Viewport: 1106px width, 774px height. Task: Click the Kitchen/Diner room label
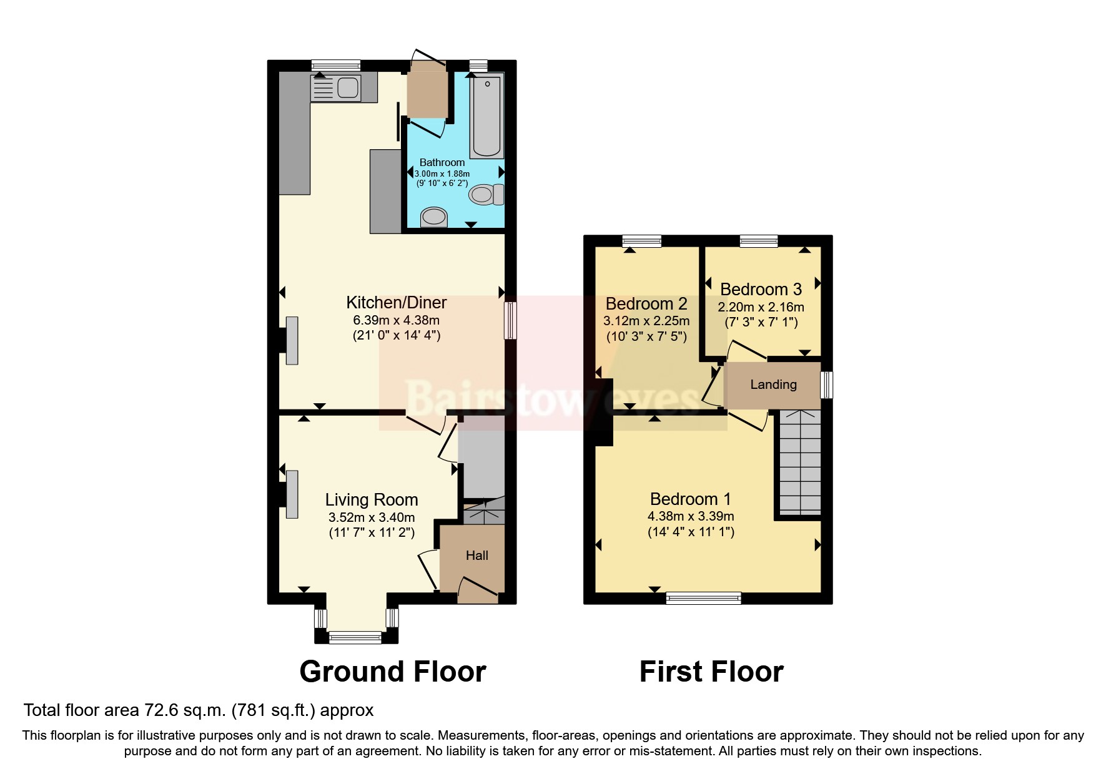[x=397, y=303]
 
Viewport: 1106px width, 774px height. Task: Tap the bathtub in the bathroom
[x=486, y=116]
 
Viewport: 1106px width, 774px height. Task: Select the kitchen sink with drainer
[x=335, y=88]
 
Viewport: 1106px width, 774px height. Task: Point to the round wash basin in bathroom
[x=434, y=217]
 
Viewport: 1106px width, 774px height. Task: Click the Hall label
[x=476, y=556]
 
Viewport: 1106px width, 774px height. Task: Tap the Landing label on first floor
[x=773, y=385]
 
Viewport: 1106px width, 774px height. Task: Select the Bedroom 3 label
[x=761, y=290]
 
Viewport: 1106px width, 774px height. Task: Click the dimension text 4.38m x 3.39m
[x=691, y=516]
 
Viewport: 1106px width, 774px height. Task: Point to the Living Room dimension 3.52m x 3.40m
[x=372, y=517]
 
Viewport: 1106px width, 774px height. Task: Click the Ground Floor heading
[x=393, y=672]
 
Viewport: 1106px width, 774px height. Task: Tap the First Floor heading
[x=711, y=672]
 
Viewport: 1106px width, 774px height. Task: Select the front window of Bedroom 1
[x=703, y=598]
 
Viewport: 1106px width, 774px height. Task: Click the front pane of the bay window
[x=355, y=637]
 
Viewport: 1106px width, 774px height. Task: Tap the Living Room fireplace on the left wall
[x=291, y=494]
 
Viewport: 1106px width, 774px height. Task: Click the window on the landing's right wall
[x=827, y=385]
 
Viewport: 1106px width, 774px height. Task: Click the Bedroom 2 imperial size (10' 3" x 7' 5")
[x=646, y=336]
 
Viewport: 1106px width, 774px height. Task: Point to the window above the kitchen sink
[x=336, y=65]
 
